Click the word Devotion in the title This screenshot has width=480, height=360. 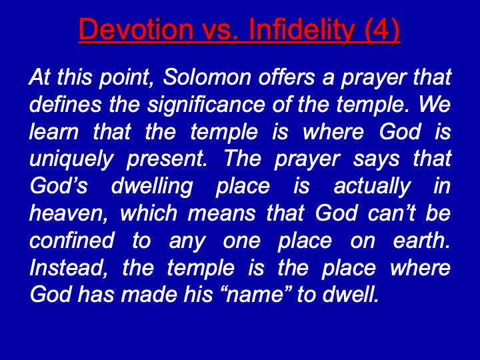tap(136, 29)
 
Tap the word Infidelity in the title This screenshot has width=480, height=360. tap(302, 30)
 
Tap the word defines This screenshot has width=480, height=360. tap(65, 104)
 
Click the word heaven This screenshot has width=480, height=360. tap(69, 213)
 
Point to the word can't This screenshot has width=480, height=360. tap(391, 213)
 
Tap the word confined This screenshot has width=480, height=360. tap(72, 240)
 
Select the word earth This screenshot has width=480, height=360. tap(421, 240)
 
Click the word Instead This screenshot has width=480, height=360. tap(69, 267)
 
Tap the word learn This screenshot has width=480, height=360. tap(54, 131)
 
